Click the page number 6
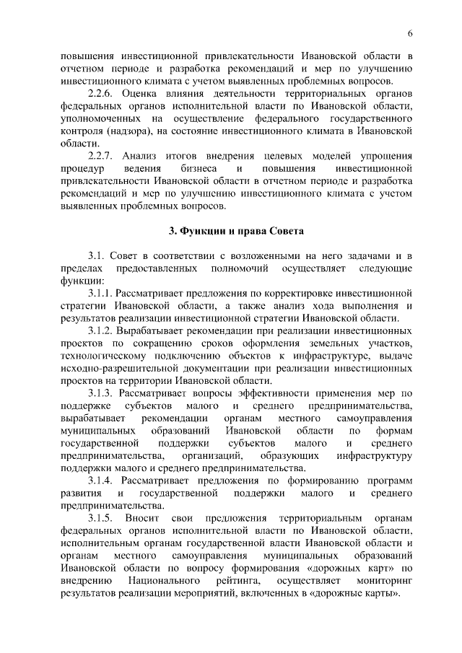click(x=409, y=33)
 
